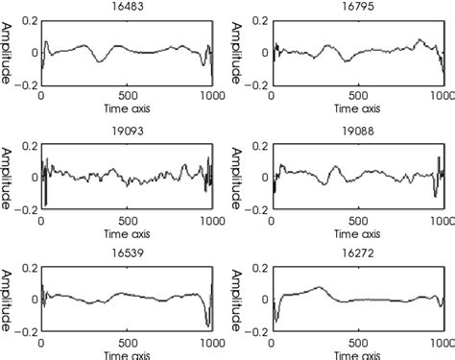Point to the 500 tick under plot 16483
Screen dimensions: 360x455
(x=128, y=96)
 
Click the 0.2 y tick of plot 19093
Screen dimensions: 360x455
(x=28, y=144)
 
